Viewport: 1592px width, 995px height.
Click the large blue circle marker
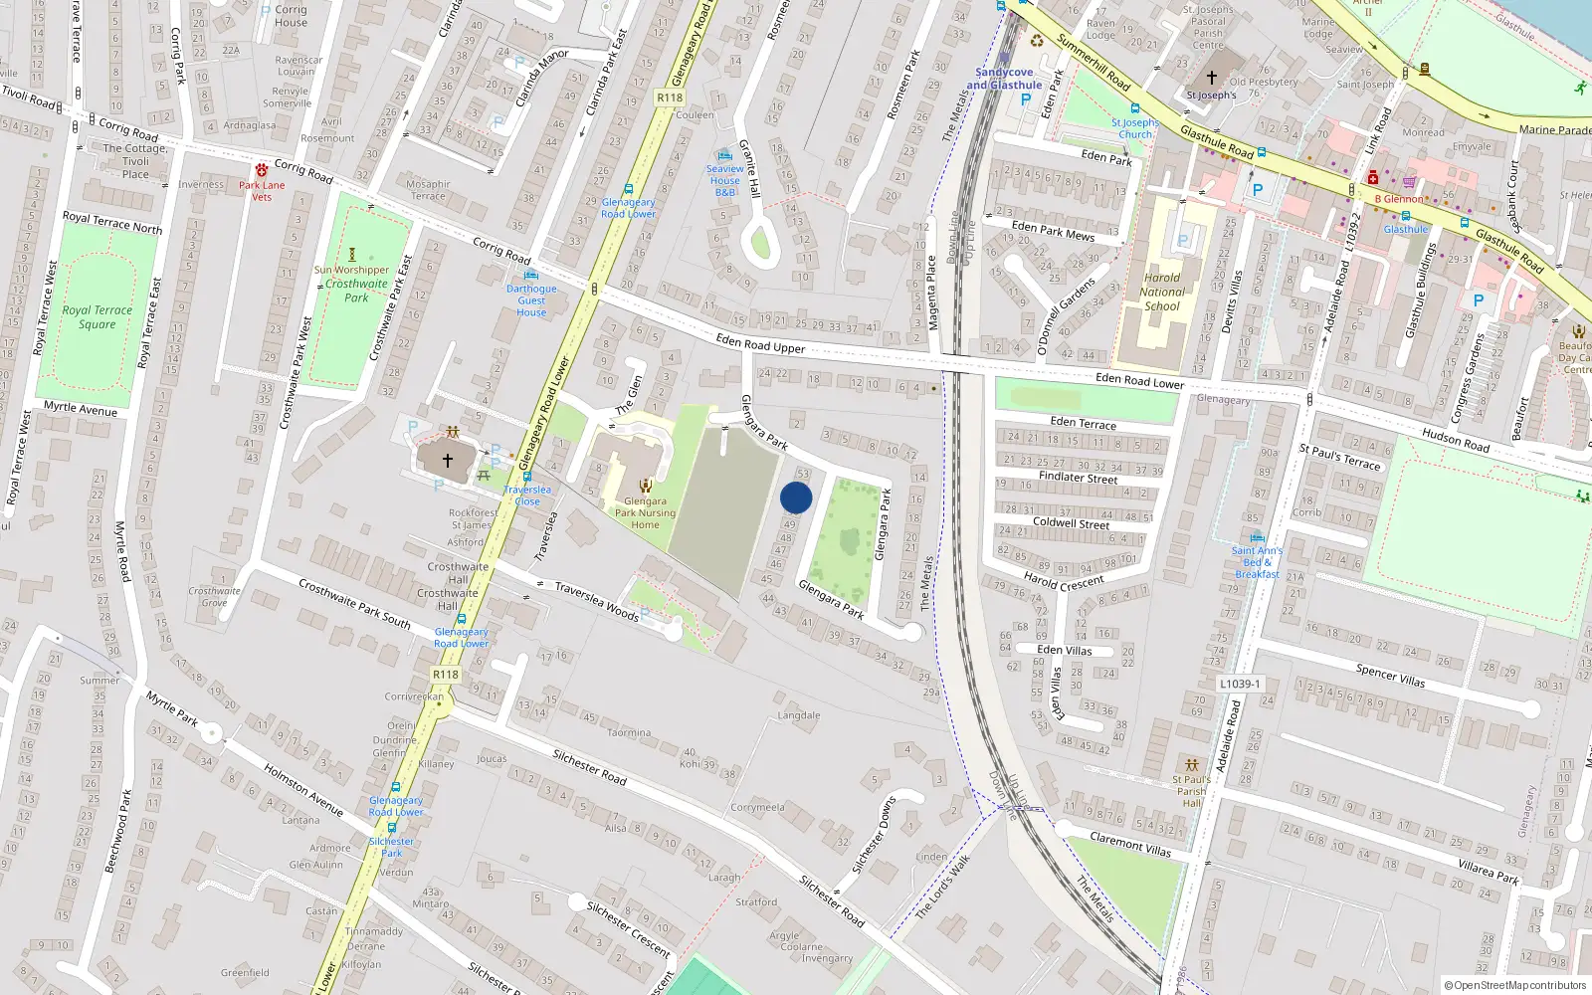coord(796,498)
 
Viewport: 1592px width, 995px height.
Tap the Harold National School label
coord(1161,293)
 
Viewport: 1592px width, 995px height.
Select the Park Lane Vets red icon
coord(262,170)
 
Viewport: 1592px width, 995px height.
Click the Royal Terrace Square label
coord(97,317)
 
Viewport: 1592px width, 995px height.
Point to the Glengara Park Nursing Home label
coord(645,513)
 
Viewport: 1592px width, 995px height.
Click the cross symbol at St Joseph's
coord(1211,78)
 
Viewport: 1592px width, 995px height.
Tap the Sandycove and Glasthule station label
coord(1004,79)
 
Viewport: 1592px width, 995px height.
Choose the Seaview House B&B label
coord(725,180)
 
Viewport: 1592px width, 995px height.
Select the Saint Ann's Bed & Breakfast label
coord(1257,562)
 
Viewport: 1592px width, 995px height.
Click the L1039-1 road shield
coord(1240,684)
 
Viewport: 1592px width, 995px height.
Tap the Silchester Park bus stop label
coord(392,847)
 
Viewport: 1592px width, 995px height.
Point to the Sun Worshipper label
coord(351,270)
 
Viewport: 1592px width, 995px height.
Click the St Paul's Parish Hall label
coord(1191,791)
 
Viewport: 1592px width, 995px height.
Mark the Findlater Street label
coord(1078,478)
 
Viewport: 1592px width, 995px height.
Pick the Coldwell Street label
coord(1071,522)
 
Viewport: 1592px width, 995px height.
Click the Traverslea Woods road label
coord(596,601)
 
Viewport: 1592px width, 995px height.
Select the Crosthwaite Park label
coord(356,291)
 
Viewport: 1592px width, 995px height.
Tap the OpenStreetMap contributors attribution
coord(1514,986)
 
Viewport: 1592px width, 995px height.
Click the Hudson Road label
coord(1455,440)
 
